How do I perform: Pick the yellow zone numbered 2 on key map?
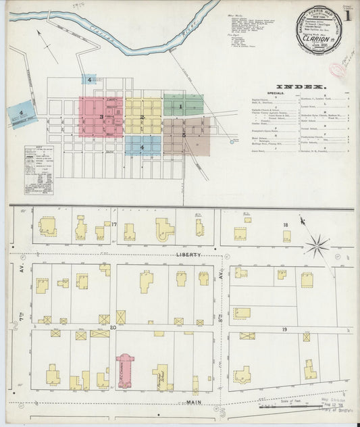click(143, 117)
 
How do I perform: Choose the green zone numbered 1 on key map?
click(182, 105)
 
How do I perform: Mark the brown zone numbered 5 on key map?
click(186, 134)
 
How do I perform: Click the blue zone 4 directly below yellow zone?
click(143, 146)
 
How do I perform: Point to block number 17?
click(115, 224)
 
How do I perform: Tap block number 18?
click(285, 224)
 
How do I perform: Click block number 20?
click(113, 328)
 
